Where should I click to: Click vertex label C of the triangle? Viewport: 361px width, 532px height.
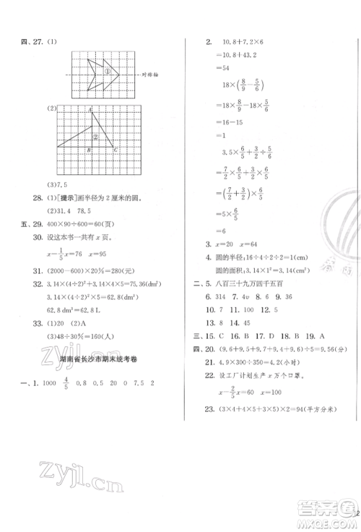tap(116, 150)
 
